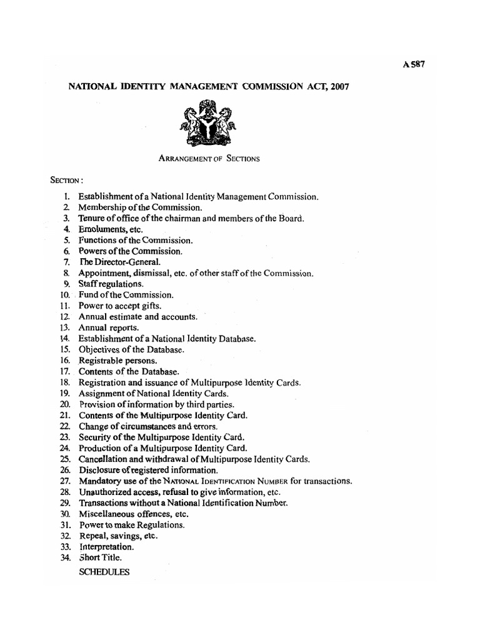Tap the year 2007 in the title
click(x=336, y=87)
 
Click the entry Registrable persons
click(x=117, y=361)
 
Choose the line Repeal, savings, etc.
click(x=118, y=536)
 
